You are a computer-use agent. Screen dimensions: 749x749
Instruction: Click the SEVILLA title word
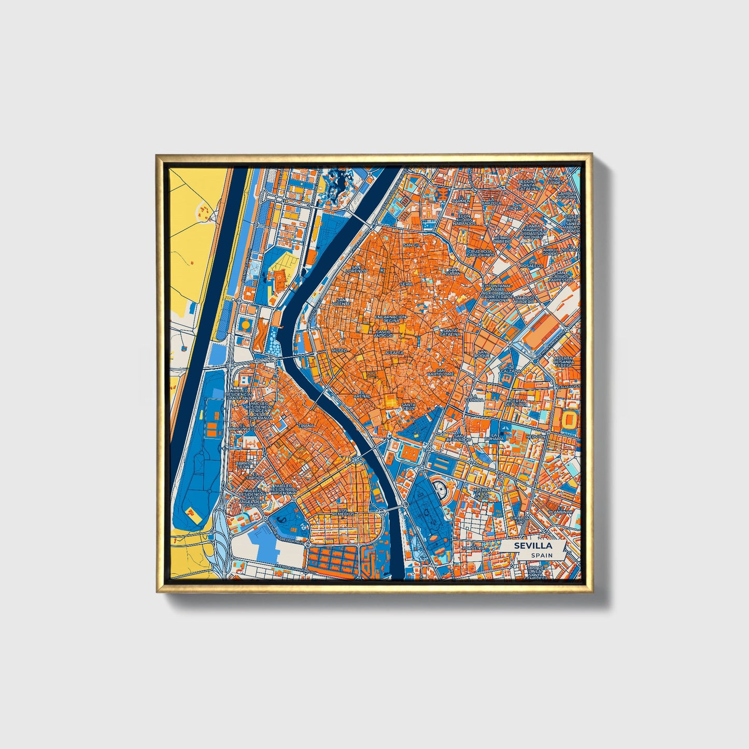(x=533, y=546)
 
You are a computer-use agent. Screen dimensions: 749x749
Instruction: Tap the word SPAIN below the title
(x=542, y=555)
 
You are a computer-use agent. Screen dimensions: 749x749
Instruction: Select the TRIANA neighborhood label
(x=307, y=426)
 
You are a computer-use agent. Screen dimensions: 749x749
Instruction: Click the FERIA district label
(x=406, y=285)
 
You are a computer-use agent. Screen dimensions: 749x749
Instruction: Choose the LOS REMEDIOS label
(x=344, y=511)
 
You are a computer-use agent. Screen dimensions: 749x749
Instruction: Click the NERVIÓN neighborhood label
(x=535, y=436)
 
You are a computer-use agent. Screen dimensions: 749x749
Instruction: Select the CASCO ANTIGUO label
(x=385, y=334)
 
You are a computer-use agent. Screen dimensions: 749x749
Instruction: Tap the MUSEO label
(x=339, y=350)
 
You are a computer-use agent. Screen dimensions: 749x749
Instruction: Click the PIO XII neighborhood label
(x=514, y=208)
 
